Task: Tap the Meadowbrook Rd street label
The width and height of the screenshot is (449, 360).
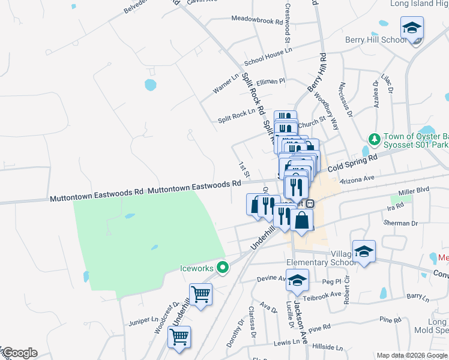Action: [x=257, y=20]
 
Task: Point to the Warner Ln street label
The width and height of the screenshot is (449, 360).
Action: [x=226, y=85]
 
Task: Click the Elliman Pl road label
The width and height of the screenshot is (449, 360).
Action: [x=271, y=81]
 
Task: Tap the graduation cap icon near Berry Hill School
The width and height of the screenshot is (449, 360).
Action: [x=412, y=28]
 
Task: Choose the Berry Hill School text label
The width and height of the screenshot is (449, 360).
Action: [x=376, y=40]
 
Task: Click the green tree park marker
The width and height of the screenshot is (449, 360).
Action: [x=375, y=139]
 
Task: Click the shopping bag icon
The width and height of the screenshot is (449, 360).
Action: [x=302, y=220]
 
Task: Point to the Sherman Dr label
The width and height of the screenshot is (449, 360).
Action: [x=402, y=223]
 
